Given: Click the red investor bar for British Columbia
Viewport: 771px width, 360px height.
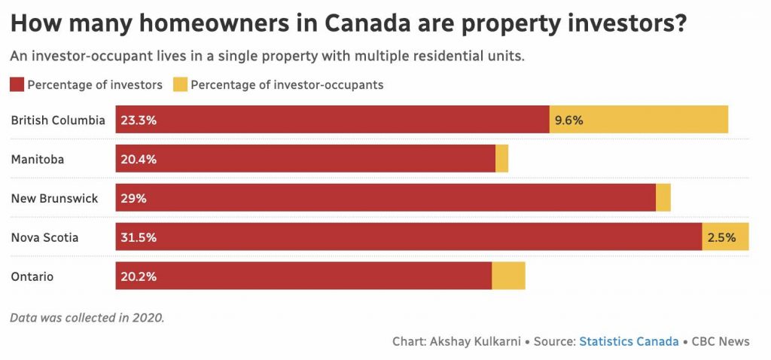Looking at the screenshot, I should (331, 120).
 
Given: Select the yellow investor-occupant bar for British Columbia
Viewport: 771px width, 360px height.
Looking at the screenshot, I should (638, 120).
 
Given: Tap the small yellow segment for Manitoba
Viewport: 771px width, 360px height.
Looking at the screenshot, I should (501, 159).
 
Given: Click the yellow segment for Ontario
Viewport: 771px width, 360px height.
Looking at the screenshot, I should (508, 276).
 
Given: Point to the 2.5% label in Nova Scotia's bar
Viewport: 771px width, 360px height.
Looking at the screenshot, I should (721, 237).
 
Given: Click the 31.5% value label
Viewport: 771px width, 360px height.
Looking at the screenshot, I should (138, 237).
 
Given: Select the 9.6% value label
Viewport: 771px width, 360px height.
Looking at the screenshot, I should (568, 120).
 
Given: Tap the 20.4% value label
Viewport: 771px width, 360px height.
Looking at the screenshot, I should (138, 159).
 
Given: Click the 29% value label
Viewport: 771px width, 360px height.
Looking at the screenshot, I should (133, 198).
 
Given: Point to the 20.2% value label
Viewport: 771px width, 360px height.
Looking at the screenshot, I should (138, 276).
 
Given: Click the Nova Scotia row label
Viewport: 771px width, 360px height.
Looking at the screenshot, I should (44, 237).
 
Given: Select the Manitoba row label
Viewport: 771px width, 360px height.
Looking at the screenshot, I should (37, 159).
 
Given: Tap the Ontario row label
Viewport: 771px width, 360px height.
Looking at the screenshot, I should (32, 276).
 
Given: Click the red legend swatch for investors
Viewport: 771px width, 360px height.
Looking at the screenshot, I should (17, 84).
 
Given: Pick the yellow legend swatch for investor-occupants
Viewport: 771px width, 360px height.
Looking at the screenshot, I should (180, 84).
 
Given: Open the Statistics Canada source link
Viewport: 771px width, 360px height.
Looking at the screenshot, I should (628, 341).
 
